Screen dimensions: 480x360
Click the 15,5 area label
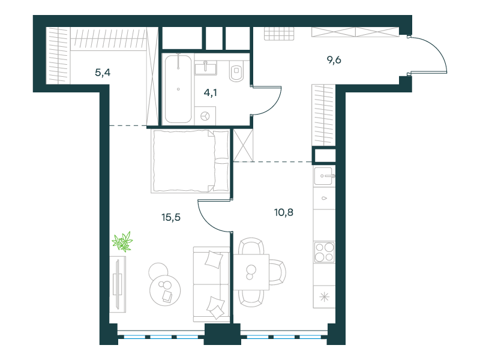[171, 217]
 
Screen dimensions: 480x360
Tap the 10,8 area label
[283, 212]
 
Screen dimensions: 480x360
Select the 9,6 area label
[334, 60]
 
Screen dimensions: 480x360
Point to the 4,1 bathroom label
[211, 92]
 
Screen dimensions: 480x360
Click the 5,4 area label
[103, 73]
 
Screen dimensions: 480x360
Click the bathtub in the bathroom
[178, 89]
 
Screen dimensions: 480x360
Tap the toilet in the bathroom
[236, 71]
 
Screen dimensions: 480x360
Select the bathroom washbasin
[206, 68]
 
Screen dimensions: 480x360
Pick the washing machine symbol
[205, 116]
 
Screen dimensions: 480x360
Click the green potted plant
[122, 242]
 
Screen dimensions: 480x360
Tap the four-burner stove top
[324, 252]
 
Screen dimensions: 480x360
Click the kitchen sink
[324, 176]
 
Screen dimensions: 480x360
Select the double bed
[190, 161]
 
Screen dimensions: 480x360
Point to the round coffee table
[164, 290]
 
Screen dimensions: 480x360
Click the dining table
[251, 272]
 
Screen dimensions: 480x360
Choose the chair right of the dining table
[278, 272]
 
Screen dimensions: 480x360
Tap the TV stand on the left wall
[118, 284]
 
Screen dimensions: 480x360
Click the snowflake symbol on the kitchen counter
[324, 297]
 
